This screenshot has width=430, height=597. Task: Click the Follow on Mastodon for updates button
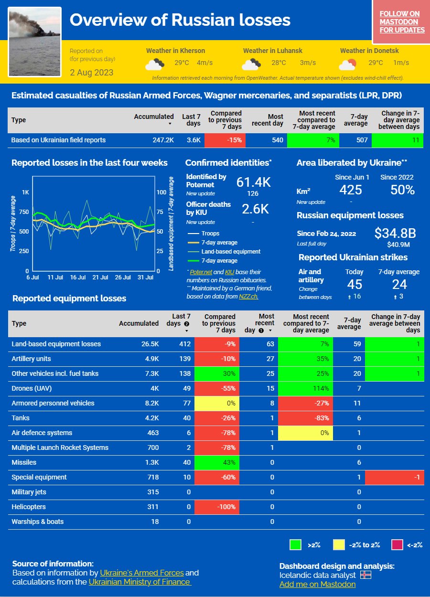(x=402, y=22)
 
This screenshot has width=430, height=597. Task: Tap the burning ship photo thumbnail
(x=35, y=42)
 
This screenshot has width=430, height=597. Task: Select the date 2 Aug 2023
(x=92, y=73)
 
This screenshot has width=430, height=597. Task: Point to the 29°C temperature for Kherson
(x=182, y=63)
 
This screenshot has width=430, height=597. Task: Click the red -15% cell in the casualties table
(x=225, y=140)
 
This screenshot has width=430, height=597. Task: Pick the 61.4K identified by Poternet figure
(x=253, y=182)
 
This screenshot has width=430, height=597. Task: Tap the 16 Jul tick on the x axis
(x=77, y=277)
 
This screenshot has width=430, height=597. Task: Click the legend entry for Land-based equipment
(x=231, y=252)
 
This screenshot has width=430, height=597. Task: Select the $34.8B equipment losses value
(x=395, y=233)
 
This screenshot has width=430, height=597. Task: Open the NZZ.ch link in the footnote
(x=248, y=297)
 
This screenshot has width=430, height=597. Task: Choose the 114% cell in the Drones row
(x=305, y=388)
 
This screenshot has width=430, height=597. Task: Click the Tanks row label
(x=21, y=418)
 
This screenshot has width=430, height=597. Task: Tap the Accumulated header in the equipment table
(x=139, y=323)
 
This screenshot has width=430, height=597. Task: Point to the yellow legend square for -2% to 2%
(x=339, y=544)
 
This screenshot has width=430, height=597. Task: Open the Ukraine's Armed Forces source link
(x=141, y=573)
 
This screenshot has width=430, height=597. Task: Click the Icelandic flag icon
(x=365, y=575)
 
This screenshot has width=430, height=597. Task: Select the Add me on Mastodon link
(x=317, y=584)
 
